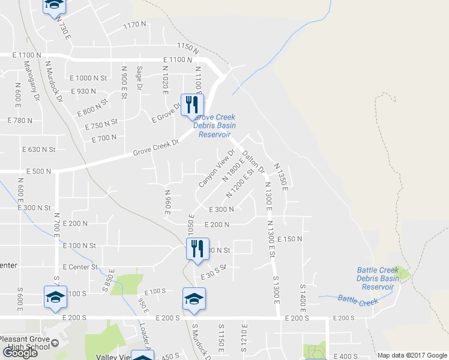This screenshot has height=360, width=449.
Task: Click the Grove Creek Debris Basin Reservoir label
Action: click(x=214, y=126)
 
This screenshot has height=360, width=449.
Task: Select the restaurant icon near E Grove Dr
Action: click(x=193, y=106)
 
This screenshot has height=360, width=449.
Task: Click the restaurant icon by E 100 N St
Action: click(x=196, y=249)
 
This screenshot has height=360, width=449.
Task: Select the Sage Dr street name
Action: click(x=139, y=79)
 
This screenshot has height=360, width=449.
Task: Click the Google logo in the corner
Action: click(x=20, y=353)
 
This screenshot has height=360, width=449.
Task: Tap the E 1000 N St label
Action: click(x=88, y=78)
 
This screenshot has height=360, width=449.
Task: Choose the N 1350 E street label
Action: click(x=281, y=177)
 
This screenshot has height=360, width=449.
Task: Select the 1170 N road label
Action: click(x=134, y=25)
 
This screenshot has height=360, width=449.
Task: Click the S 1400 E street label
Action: click(x=303, y=291)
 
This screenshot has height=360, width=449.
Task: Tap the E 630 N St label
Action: click(x=38, y=149)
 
